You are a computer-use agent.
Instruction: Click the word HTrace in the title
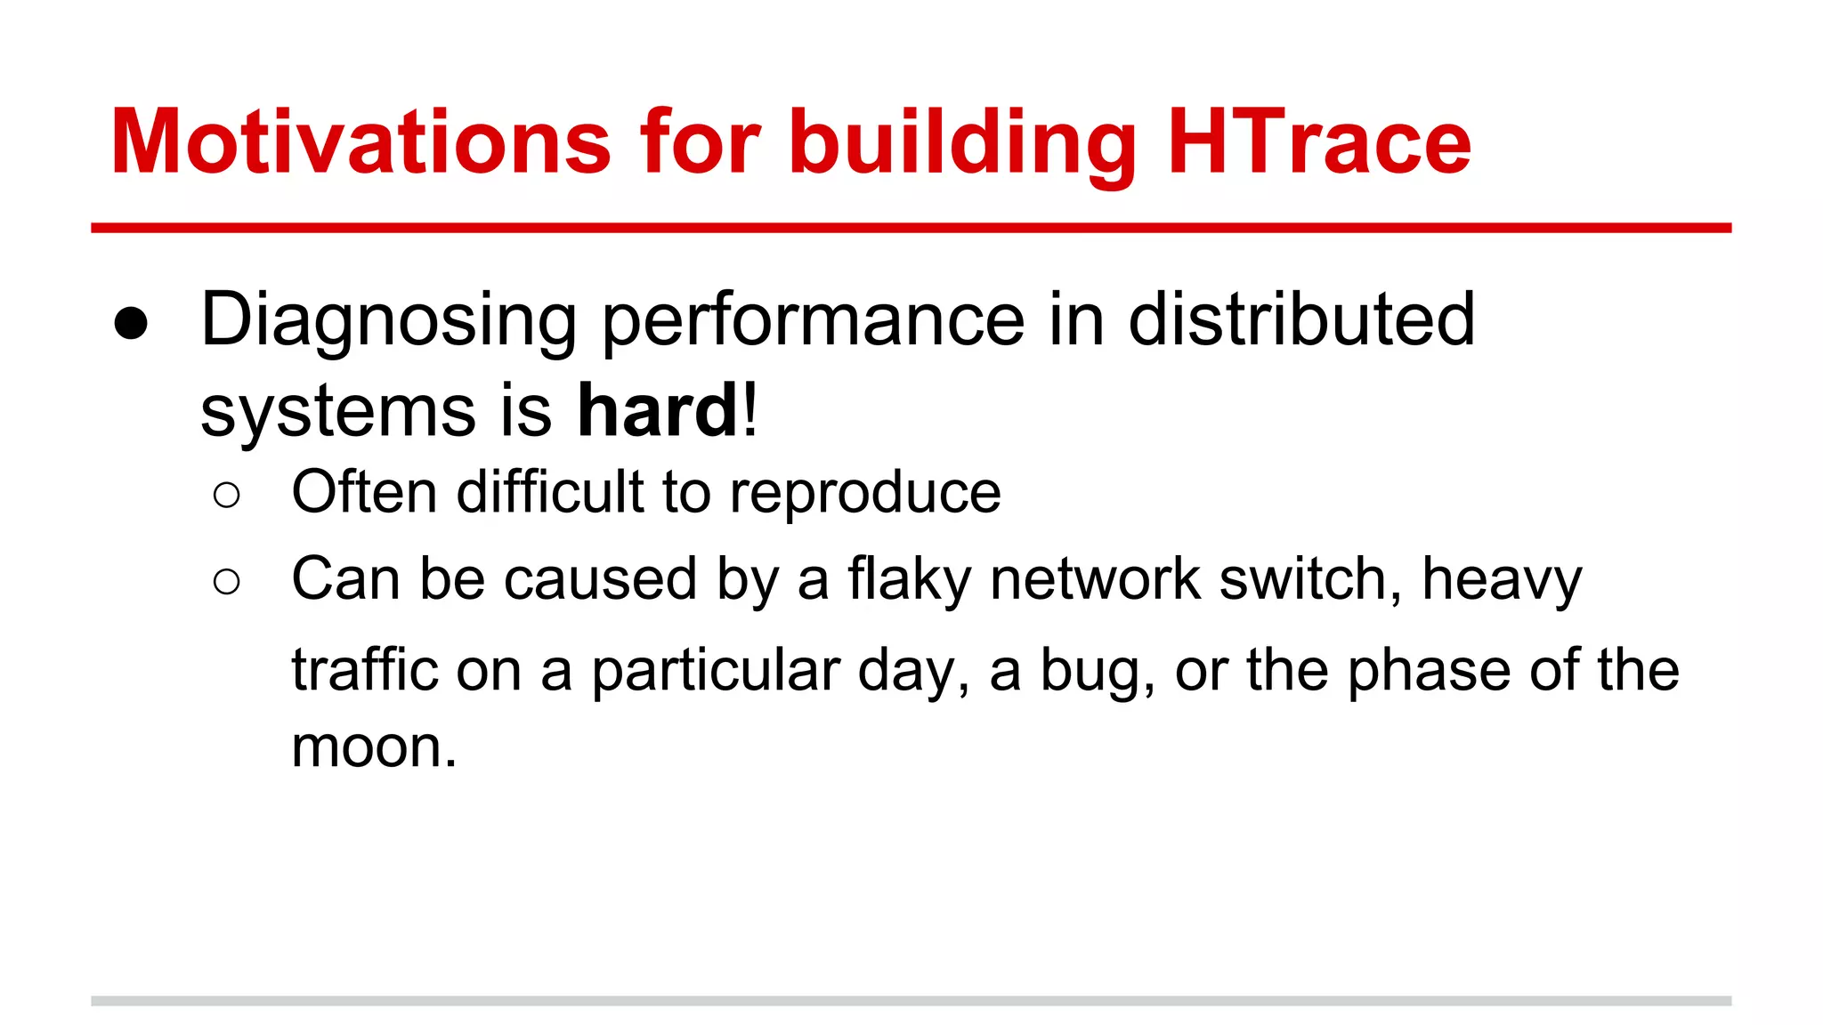click(1319, 142)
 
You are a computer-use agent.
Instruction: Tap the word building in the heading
click(961, 142)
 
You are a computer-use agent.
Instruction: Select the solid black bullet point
click(131, 324)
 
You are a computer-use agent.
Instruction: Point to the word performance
click(814, 320)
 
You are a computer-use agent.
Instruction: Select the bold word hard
click(657, 411)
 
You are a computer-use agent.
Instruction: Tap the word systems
click(338, 413)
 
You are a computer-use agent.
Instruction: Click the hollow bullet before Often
click(227, 496)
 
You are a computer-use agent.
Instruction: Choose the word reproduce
click(865, 493)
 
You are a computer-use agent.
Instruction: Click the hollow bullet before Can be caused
click(227, 582)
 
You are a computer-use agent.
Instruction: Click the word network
click(1095, 578)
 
